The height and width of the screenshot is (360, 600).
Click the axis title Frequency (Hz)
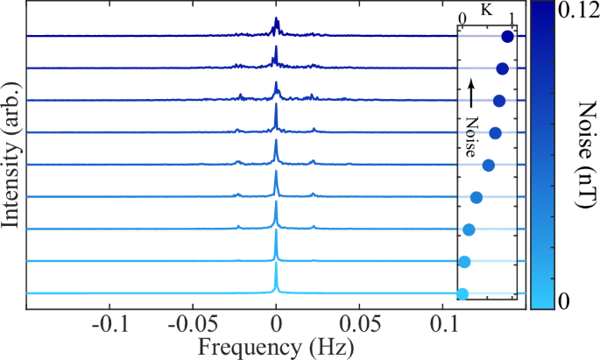(276, 347)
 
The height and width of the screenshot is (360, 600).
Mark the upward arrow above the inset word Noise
(470, 93)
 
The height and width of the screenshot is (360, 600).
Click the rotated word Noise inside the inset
(470, 136)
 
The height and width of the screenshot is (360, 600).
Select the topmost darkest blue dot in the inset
(507, 37)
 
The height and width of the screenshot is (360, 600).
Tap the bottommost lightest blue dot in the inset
(462, 294)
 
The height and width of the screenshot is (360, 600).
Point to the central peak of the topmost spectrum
(276, 24)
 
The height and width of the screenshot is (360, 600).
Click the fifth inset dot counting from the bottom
(489, 166)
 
